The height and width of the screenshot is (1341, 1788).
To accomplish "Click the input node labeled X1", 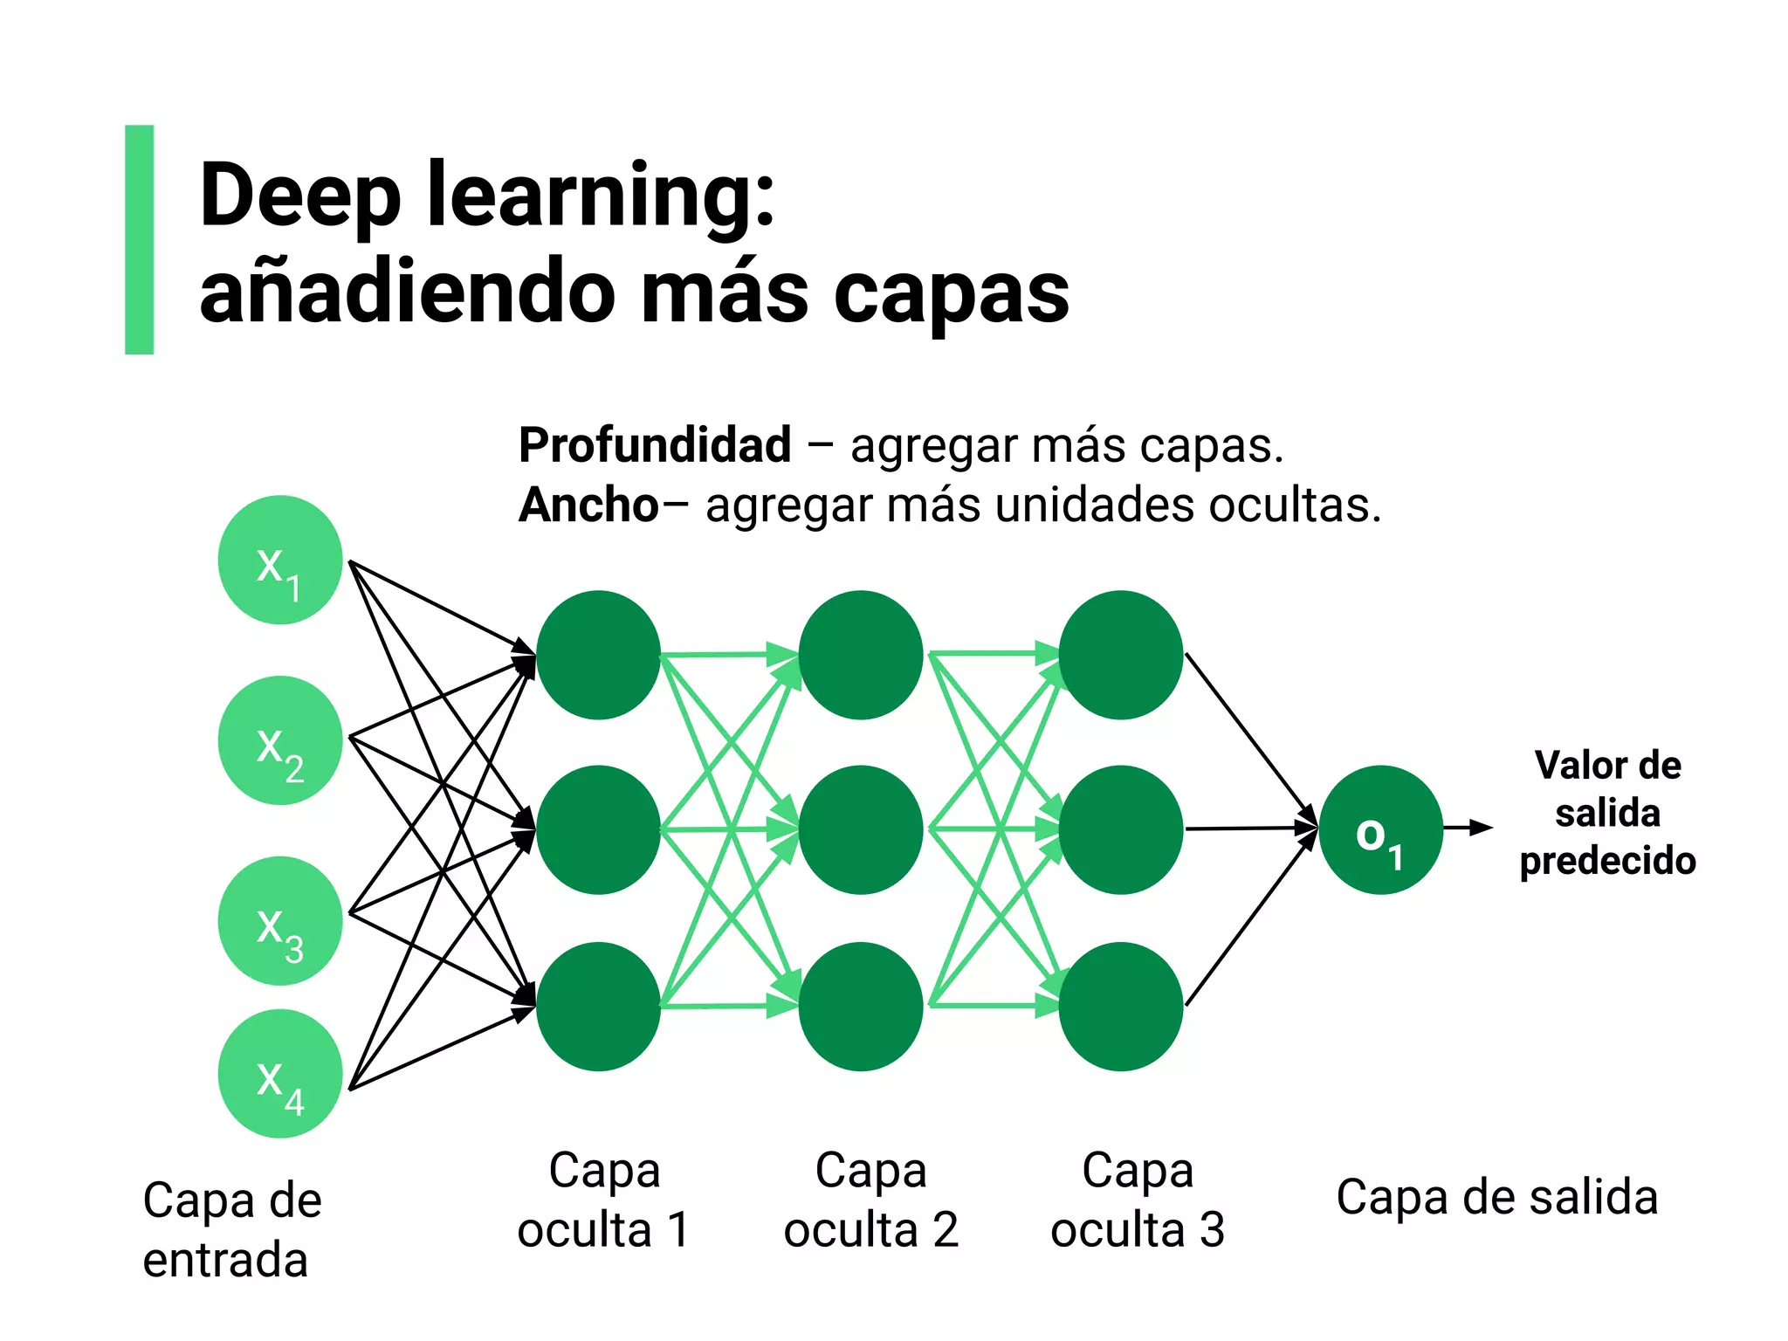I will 279,560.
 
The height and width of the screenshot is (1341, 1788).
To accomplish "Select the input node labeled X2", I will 279,740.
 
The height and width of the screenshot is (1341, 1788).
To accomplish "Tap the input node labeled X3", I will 279,921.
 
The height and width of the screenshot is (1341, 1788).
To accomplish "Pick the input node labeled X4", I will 279,1074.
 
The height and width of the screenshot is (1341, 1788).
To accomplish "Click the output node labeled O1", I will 1380,829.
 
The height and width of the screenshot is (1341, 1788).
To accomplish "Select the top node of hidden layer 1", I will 598,655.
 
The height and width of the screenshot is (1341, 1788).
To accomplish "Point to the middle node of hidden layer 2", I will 860,829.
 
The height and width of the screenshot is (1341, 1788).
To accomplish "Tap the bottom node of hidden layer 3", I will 1121,1006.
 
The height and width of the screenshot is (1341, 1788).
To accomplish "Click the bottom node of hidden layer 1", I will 598,1006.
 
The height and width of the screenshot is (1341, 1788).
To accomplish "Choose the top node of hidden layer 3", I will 1121,655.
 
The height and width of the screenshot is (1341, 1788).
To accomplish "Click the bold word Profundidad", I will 655,445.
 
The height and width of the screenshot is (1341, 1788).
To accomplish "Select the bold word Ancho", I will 588,505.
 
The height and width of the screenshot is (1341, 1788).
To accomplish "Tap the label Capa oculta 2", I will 870,1200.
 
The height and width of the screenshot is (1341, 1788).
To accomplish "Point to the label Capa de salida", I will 1496,1197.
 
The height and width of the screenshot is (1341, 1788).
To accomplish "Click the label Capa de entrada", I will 231,1229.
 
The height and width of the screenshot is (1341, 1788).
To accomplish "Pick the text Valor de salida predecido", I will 1607,813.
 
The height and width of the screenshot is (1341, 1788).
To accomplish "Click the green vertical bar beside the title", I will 140,239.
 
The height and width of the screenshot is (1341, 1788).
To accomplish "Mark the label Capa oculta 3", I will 1138,1200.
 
